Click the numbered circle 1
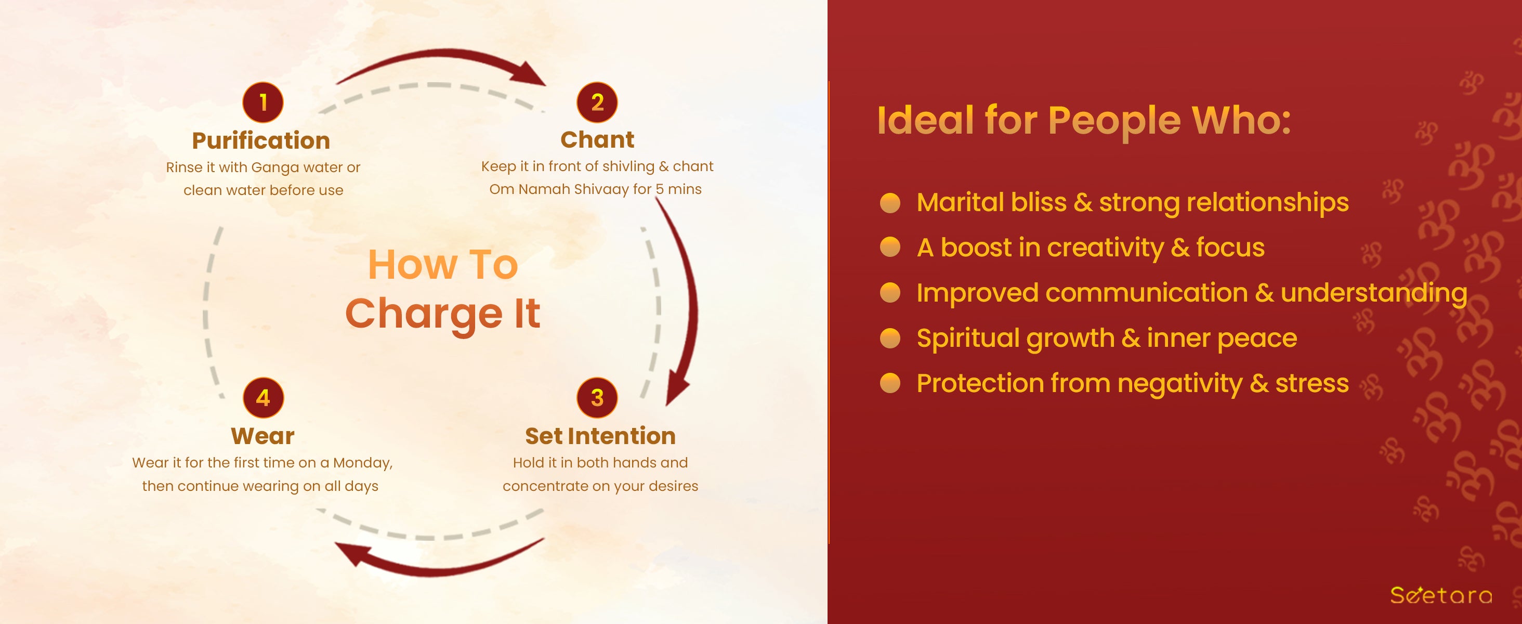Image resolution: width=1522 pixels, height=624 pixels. point(263,102)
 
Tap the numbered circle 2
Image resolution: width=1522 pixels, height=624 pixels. point(597,102)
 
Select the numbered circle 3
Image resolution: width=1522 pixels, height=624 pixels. point(597,398)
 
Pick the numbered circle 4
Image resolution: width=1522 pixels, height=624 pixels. point(264,398)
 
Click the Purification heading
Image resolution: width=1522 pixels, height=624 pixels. point(261,140)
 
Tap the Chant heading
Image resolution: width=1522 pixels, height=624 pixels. point(597,139)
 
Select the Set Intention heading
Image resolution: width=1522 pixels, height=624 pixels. point(600,436)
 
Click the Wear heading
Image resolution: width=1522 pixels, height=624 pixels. point(263,436)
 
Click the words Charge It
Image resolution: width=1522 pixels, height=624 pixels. point(442,314)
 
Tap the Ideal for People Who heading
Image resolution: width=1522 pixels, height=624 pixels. point(1084,121)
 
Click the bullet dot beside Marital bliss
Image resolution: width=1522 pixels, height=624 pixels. point(890,203)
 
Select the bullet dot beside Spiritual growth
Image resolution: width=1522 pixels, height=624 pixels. point(890,339)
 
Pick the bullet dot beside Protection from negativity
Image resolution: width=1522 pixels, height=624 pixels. point(890,383)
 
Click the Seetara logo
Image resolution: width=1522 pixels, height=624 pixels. point(1441,594)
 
